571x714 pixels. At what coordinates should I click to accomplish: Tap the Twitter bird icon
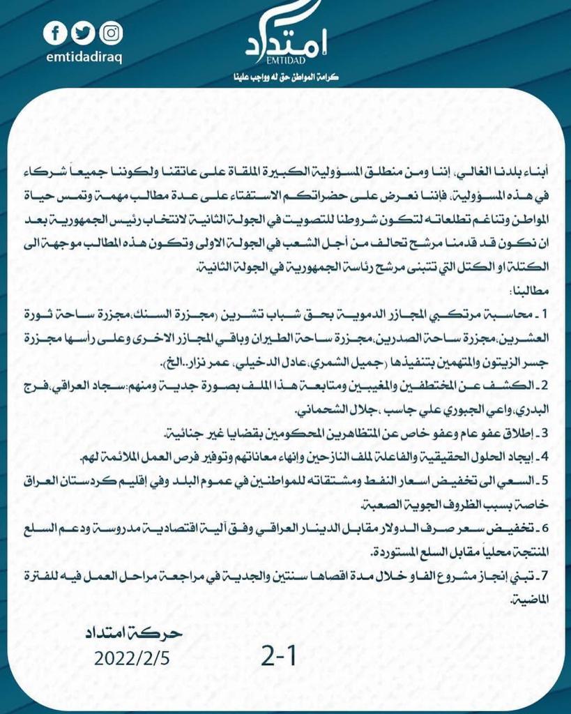coord(83,33)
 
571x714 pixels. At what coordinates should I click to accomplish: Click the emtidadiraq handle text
coord(82,55)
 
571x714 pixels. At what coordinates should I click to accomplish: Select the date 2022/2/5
coord(132,657)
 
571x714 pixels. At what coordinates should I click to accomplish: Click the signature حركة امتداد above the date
coord(132,633)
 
